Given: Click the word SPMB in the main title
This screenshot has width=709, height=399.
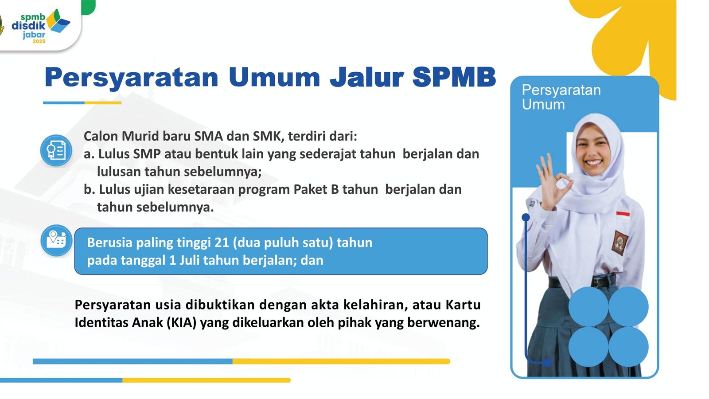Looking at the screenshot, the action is (x=454, y=77).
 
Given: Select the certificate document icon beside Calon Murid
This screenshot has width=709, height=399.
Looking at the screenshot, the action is (x=56, y=150).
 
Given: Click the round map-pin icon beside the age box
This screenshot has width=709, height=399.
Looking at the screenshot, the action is (x=56, y=240).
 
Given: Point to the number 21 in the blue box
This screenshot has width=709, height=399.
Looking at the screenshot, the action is (x=222, y=243).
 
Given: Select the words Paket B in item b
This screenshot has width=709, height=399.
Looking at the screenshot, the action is (x=316, y=189).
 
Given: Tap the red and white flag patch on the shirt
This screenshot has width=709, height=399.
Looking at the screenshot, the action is (x=623, y=215).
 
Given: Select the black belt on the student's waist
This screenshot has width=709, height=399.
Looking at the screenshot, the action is (x=582, y=282).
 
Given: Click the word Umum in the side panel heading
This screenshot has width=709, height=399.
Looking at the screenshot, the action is (x=543, y=105).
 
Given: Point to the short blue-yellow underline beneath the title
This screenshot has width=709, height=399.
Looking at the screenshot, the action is (x=82, y=102).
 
